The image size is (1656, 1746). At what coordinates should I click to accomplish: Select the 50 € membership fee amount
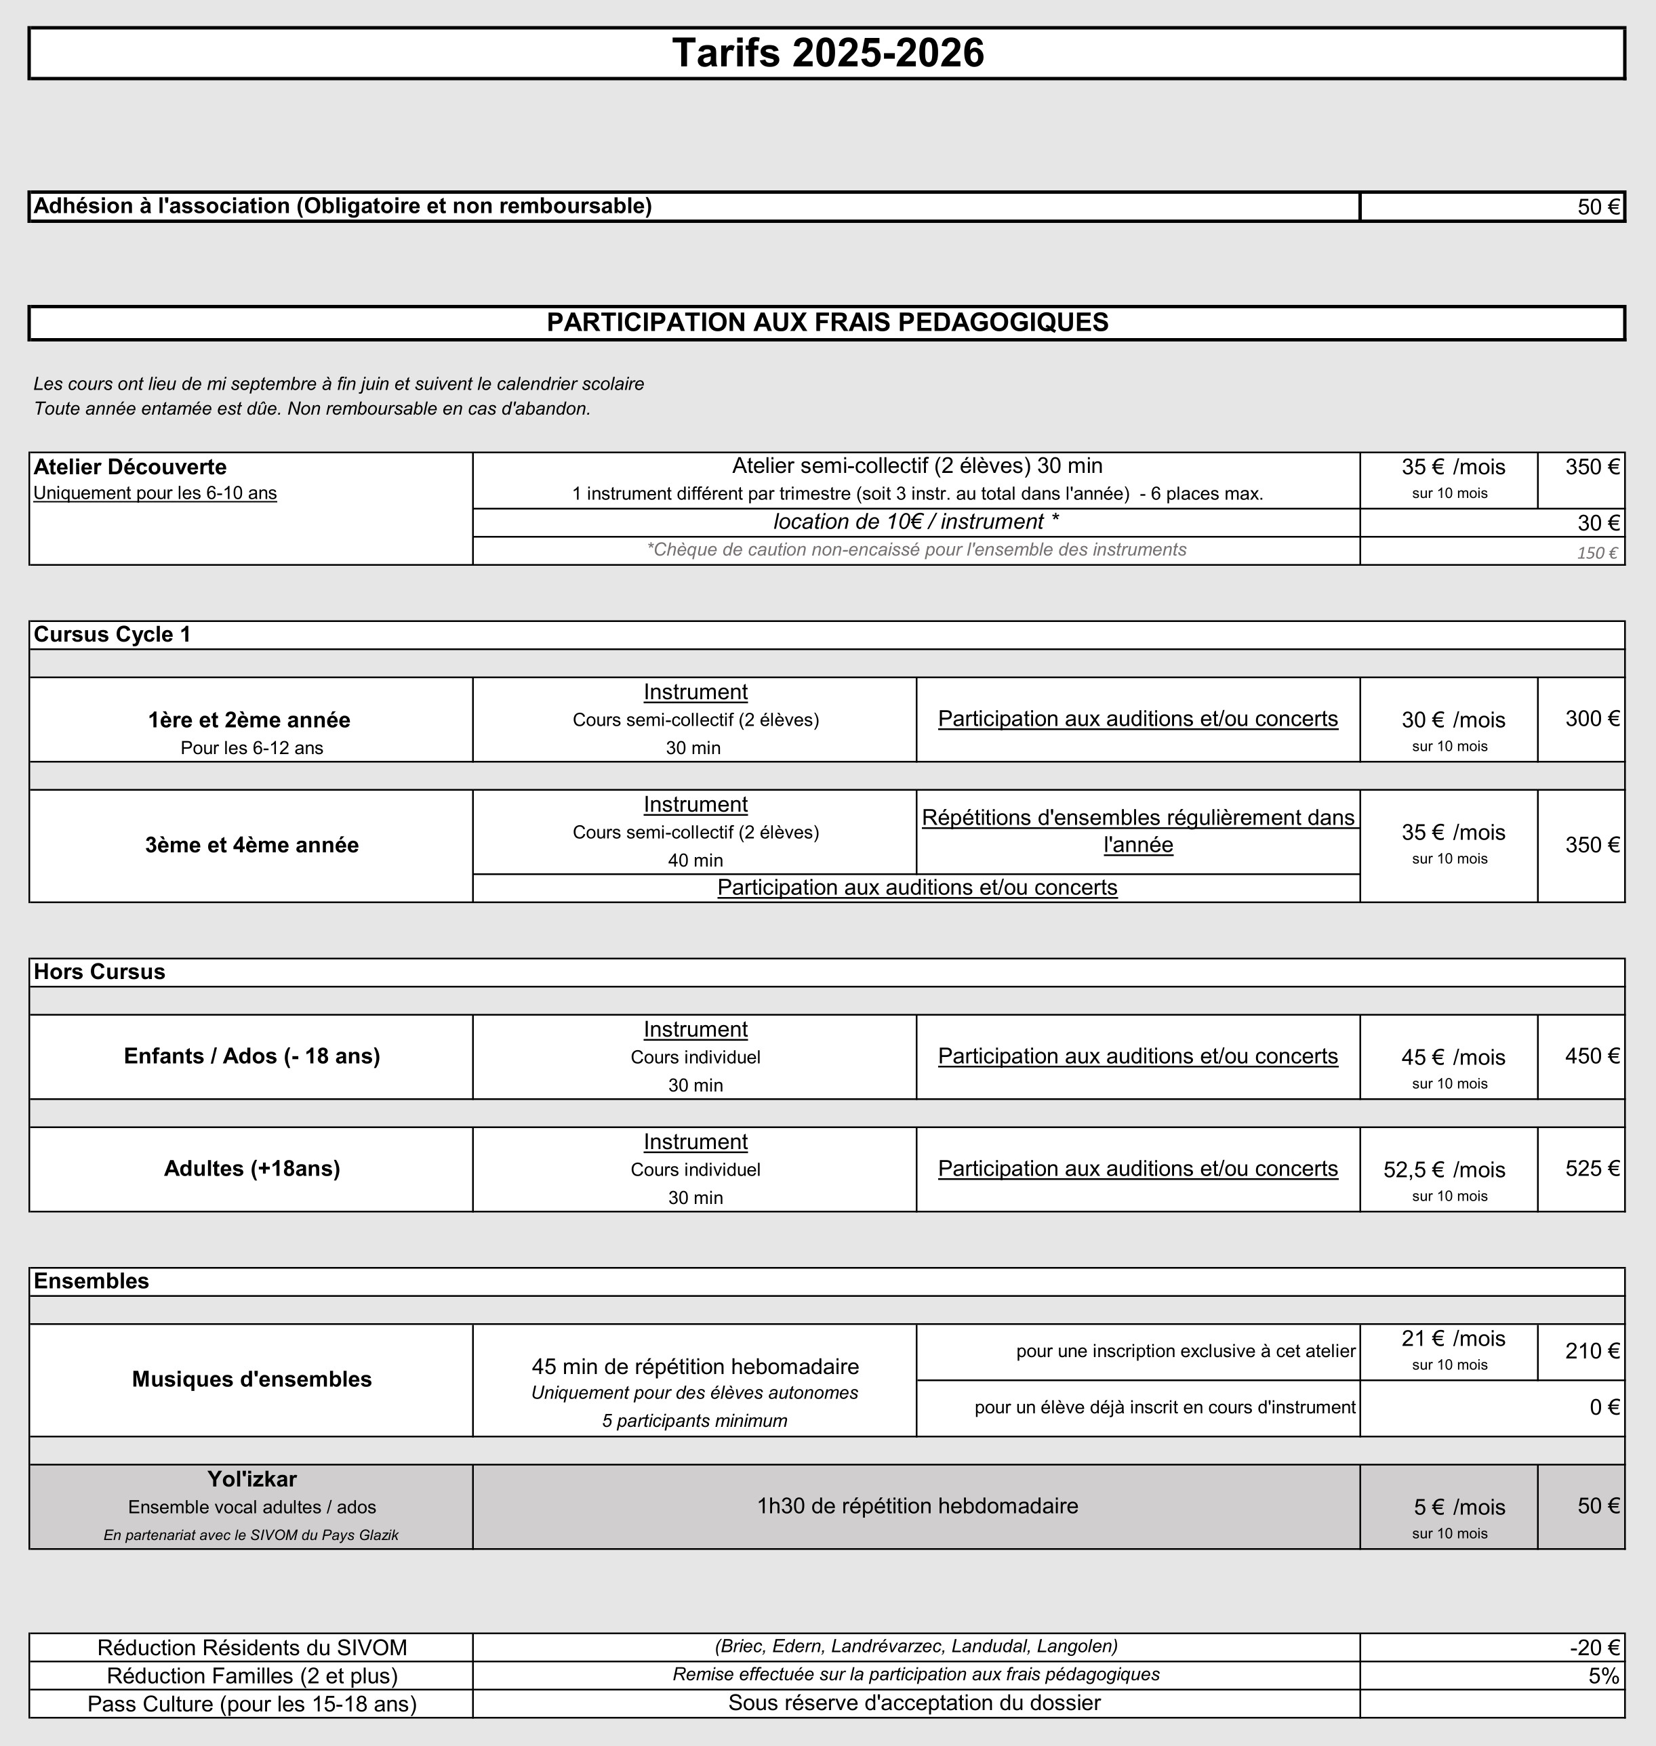point(1598,207)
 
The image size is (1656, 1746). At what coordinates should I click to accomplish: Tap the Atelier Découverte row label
point(129,467)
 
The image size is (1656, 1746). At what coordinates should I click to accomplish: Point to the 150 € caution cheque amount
point(1597,553)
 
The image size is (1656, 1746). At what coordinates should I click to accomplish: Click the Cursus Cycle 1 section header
point(112,634)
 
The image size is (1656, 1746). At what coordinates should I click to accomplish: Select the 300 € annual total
point(1592,718)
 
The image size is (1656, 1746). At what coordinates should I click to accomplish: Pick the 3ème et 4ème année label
point(251,845)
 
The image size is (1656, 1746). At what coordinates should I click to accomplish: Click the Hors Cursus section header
point(99,972)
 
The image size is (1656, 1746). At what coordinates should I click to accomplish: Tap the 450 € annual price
point(1592,1056)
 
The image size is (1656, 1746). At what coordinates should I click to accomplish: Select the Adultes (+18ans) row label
point(251,1168)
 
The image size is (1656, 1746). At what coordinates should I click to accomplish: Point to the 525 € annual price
point(1592,1168)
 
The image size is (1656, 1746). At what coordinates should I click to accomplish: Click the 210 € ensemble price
point(1592,1351)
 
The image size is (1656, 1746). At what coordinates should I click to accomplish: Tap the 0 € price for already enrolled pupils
point(1604,1407)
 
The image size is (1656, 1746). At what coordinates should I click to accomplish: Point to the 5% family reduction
point(1603,1676)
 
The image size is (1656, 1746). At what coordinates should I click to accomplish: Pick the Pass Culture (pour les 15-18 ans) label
point(251,1703)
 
